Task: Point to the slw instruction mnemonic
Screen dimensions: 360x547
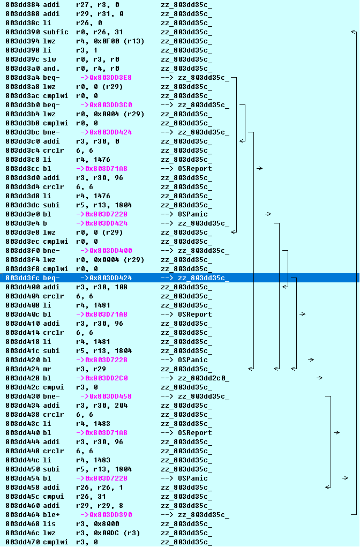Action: [49, 59]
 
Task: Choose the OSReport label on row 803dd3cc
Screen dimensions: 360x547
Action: [195, 168]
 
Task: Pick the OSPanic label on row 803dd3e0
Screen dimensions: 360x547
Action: [193, 214]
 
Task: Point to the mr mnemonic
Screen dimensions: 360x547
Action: [47, 369]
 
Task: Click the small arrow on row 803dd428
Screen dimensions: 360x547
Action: [319, 378]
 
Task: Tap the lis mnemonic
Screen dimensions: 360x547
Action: [49, 523]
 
